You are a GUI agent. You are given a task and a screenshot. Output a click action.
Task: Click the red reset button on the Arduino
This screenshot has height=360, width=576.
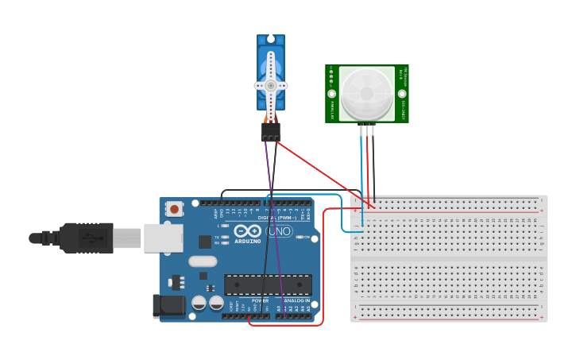(173, 209)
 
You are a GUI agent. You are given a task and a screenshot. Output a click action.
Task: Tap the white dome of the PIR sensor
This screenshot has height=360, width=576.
(366, 94)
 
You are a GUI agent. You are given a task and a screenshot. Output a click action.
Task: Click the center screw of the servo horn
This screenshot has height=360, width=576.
(271, 85)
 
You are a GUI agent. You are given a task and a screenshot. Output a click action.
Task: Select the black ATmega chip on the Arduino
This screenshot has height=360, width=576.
(268, 284)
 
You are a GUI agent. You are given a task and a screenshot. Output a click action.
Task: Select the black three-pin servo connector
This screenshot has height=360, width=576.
(271, 132)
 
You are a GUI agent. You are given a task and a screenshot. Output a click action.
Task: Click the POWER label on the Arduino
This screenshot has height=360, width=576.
(260, 301)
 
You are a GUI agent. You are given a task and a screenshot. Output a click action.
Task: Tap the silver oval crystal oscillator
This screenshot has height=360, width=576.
(203, 261)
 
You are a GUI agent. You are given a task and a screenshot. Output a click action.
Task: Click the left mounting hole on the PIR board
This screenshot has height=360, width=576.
(331, 72)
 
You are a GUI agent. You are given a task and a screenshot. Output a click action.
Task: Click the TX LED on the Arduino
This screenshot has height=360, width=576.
(225, 237)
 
